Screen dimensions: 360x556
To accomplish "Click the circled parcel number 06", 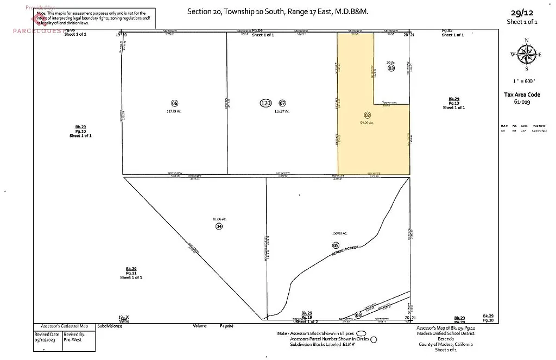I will [x=174, y=103].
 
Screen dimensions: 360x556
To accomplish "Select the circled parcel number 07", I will [x=282, y=103].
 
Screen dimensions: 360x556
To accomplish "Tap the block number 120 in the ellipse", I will [x=266, y=103].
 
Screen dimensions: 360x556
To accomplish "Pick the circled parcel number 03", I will [x=391, y=68].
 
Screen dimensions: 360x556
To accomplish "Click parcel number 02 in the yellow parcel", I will [x=367, y=115].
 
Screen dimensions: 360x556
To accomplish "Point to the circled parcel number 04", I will [x=219, y=226].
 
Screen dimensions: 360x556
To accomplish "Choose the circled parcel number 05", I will [x=336, y=245].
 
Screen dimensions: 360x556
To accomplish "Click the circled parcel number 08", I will [x=358, y=315].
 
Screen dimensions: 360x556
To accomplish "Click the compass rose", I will [x=526, y=54].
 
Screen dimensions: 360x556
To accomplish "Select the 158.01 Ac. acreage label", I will [x=339, y=233].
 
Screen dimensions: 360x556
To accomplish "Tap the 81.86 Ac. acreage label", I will [x=219, y=219].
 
